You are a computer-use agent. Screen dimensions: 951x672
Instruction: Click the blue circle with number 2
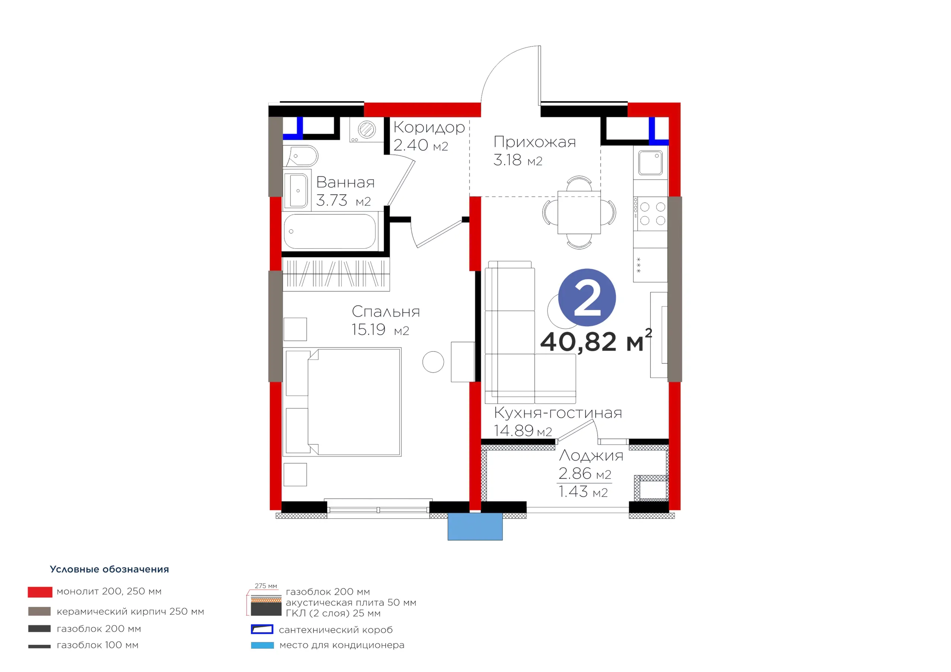click(x=587, y=297)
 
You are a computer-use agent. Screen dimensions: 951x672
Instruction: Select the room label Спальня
click(x=386, y=311)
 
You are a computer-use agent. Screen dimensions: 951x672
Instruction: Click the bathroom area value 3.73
click(x=331, y=200)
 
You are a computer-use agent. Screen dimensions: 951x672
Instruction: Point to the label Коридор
click(x=429, y=127)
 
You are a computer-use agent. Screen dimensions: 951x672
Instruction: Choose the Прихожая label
click(x=534, y=142)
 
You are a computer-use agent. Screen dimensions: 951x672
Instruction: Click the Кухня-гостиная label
click(x=558, y=413)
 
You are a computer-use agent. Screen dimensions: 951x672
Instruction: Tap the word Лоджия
click(x=591, y=456)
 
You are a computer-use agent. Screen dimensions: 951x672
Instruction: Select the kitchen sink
click(x=650, y=163)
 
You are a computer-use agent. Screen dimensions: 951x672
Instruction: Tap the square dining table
click(x=579, y=212)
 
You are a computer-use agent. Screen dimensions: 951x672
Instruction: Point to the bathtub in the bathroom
click(x=330, y=231)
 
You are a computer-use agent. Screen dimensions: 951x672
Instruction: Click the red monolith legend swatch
click(x=40, y=592)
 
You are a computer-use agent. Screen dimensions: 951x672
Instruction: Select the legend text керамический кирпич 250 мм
click(x=130, y=611)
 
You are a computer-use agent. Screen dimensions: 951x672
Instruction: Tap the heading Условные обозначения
click(x=109, y=569)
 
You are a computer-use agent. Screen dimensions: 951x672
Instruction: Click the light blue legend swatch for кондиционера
click(x=262, y=645)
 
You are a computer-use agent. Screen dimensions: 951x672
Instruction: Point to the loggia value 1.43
click(x=573, y=492)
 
